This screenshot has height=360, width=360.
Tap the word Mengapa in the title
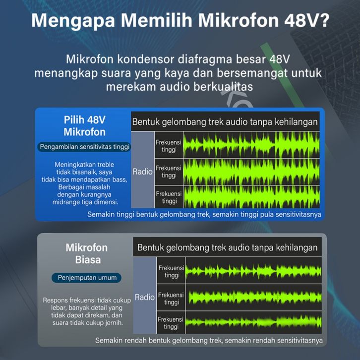73,21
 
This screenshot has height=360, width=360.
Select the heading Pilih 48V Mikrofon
84,126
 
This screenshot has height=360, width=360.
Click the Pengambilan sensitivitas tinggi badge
84,146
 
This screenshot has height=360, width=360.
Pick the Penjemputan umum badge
87,278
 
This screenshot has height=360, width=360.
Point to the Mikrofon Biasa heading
87,253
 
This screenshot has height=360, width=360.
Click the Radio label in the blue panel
142,171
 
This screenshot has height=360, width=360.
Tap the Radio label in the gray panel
145,297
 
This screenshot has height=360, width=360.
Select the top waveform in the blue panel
251,145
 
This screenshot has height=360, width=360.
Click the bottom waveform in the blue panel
251,197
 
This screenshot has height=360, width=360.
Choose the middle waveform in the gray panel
254,298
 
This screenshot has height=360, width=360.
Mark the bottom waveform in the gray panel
254,322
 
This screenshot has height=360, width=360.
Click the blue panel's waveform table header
225,121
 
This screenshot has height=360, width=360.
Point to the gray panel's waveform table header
227,247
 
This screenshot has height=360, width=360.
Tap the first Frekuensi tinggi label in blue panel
169,146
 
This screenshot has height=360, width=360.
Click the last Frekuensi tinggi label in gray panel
171,323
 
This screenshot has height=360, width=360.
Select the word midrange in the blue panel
65,202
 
